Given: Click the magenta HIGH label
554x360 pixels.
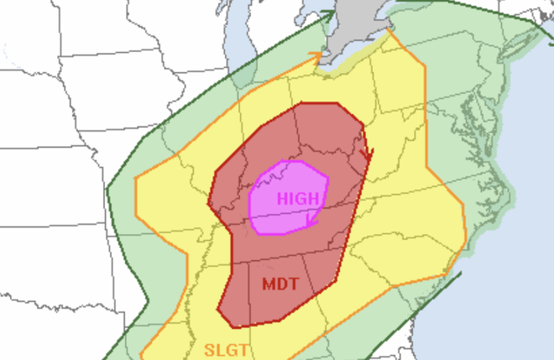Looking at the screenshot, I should click(x=297, y=199).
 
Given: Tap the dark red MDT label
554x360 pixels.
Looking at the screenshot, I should click(x=280, y=284).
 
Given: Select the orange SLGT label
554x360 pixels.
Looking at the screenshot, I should click(x=225, y=347).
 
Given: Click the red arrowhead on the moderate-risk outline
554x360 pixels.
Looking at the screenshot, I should click(x=365, y=155).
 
